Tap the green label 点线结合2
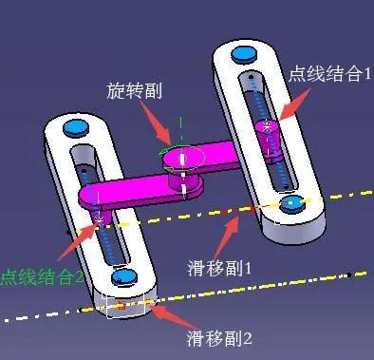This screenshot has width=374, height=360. [x=42, y=277]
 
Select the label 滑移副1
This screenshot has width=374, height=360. [x=219, y=268]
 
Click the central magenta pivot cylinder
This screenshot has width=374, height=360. [x=185, y=166]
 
